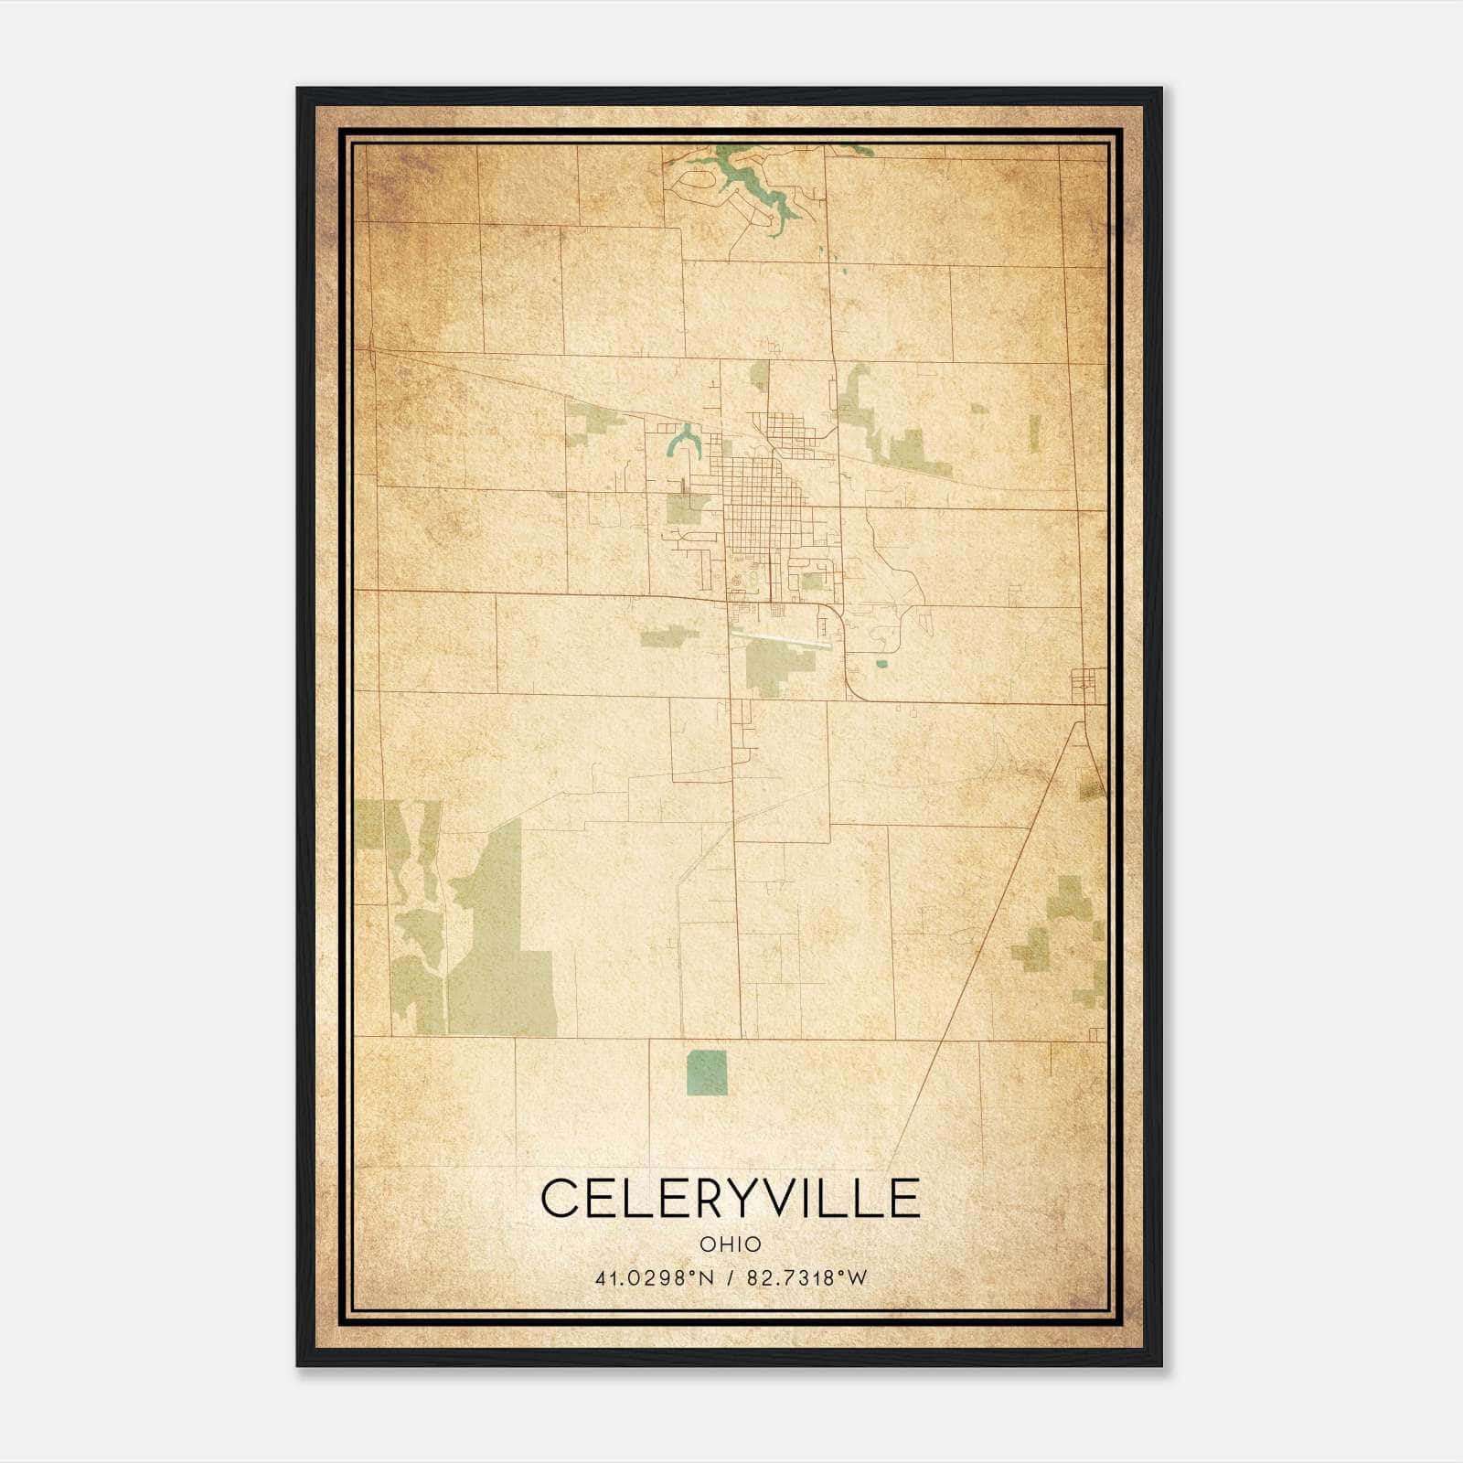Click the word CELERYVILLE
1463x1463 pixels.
click(x=730, y=1198)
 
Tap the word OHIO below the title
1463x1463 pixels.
click(x=730, y=1244)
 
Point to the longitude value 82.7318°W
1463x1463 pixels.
click(x=806, y=1278)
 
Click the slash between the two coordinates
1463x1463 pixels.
click(x=728, y=1278)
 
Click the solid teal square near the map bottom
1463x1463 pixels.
click(x=707, y=1073)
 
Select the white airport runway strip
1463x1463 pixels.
click(x=782, y=636)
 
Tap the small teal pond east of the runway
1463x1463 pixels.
click(x=881, y=664)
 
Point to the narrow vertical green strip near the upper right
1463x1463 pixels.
click(x=1035, y=433)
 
